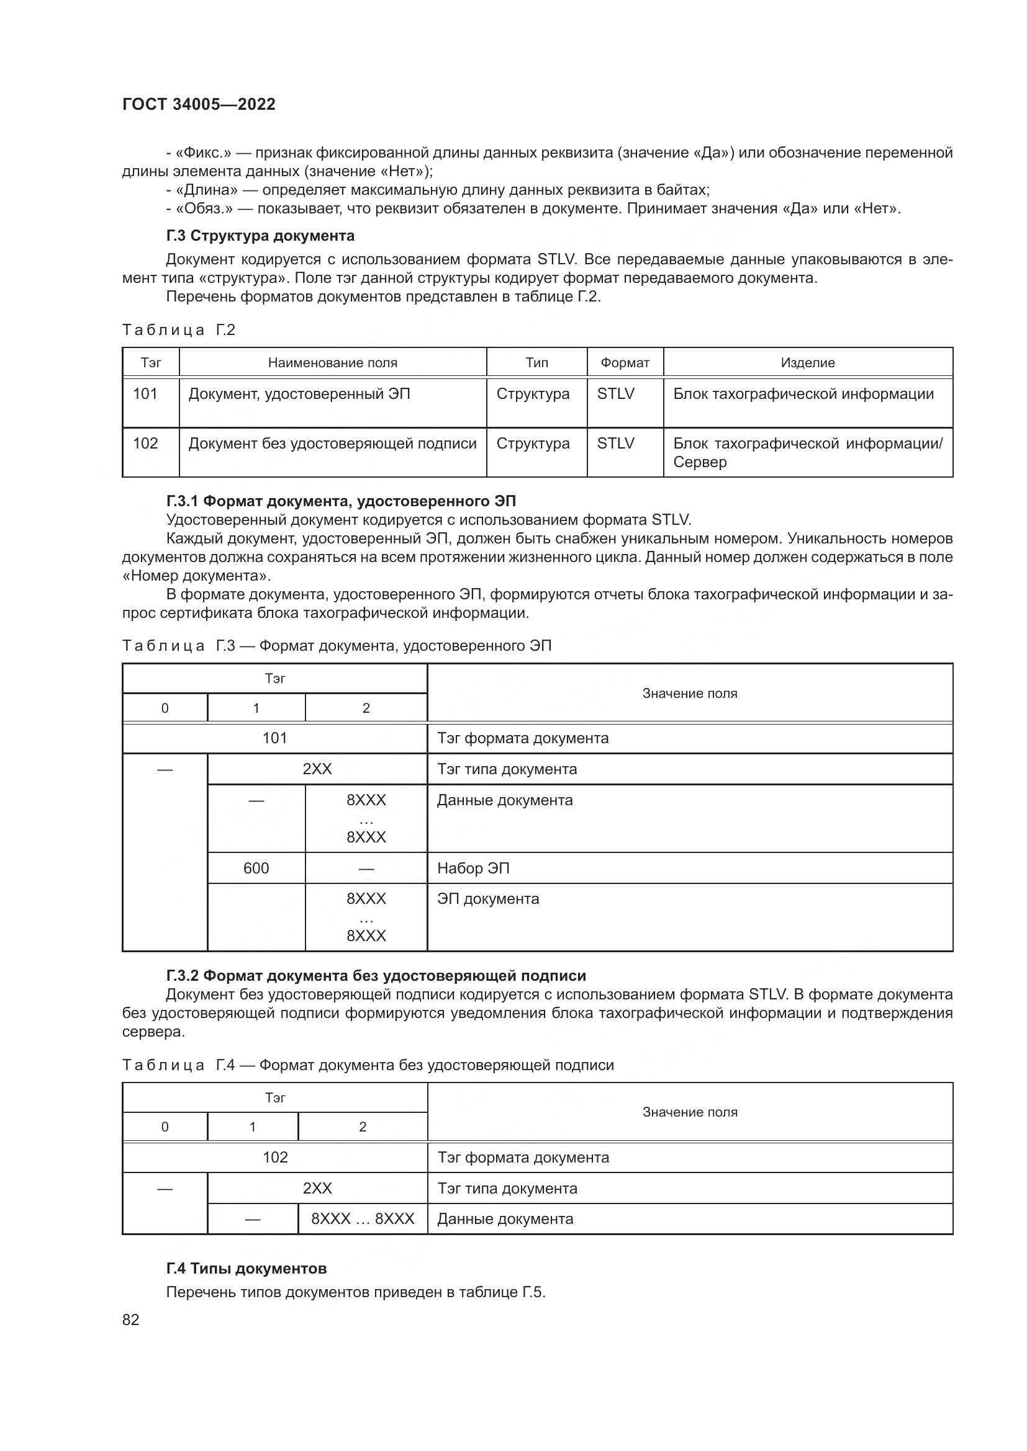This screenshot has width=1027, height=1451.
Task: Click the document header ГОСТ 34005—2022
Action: click(199, 104)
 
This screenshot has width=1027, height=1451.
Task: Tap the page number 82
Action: click(131, 1319)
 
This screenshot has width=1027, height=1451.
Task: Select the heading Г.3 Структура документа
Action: click(260, 236)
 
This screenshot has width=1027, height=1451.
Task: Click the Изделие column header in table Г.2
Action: click(808, 363)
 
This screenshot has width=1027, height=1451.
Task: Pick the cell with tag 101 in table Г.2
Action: click(145, 394)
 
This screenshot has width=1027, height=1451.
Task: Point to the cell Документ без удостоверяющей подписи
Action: click(332, 444)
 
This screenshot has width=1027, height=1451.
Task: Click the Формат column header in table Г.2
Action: click(625, 363)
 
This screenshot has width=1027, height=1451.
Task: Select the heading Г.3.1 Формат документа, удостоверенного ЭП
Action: click(341, 501)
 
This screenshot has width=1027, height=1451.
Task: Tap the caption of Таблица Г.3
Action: click(337, 646)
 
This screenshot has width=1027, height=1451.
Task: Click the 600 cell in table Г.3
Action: click(256, 868)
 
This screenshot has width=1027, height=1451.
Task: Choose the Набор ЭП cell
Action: click(473, 868)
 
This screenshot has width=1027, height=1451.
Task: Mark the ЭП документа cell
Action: click(487, 899)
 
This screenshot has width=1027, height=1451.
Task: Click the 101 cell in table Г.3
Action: click(275, 738)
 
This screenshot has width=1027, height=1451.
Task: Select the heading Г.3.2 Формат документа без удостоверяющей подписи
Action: click(376, 976)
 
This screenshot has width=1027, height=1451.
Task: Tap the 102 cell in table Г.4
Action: click(275, 1157)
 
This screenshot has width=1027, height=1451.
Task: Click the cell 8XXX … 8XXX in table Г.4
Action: click(363, 1219)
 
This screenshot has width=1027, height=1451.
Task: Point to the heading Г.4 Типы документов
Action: click(246, 1269)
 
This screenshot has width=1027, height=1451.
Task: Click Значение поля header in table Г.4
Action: click(690, 1112)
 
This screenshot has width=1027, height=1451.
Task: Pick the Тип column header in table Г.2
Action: click(536, 363)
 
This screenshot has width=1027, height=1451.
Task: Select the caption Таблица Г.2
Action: click(178, 330)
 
